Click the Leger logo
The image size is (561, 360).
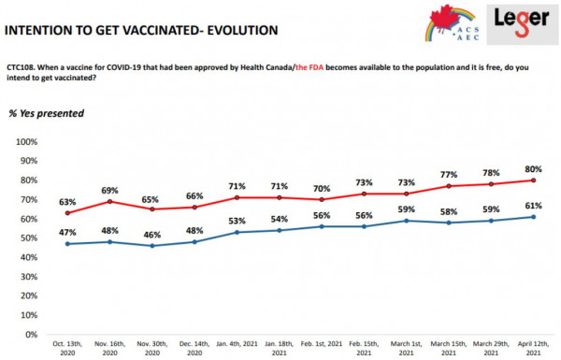522,23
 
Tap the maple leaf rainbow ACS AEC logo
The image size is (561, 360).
453,23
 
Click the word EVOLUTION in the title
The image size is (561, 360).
242,31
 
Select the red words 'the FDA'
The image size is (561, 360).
309,67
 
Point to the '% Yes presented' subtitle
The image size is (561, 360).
46,113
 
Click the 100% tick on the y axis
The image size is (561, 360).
26,142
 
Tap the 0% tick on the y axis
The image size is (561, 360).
32,334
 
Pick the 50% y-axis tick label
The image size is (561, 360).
29,238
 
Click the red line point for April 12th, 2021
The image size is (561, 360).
534,180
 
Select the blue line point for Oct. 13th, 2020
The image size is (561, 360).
67,244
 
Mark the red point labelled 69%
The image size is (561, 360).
109,201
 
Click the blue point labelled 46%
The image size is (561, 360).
152,246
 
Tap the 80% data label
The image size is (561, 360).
534,169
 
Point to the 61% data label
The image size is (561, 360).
534,206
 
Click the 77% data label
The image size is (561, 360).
449,175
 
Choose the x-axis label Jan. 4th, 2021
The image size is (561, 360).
237,344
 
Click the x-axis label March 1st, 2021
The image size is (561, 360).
407,348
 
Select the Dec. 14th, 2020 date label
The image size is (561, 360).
194,348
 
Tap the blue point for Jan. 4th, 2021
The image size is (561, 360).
237,232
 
